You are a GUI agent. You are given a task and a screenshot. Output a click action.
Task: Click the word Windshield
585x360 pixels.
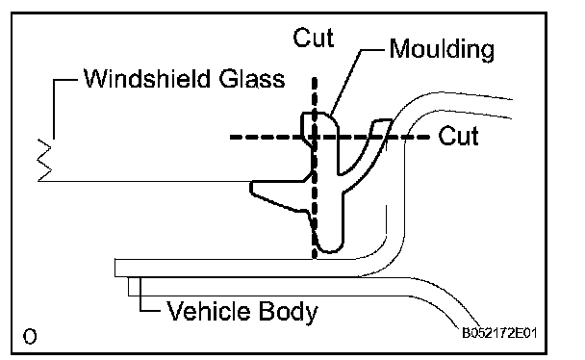pyautogui.click(x=147, y=79)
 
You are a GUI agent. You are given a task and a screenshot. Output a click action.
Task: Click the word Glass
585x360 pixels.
pyautogui.click(x=252, y=79)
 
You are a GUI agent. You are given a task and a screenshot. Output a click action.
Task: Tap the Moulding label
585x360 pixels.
pyautogui.click(x=442, y=50)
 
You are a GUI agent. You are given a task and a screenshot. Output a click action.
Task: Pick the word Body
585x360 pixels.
pyautogui.click(x=288, y=312)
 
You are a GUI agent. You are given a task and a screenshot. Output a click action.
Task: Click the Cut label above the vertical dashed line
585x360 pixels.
pyautogui.click(x=313, y=38)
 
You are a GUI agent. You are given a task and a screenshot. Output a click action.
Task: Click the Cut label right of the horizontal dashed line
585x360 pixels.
pyautogui.click(x=459, y=136)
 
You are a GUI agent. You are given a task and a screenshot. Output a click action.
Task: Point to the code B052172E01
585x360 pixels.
pyautogui.click(x=499, y=333)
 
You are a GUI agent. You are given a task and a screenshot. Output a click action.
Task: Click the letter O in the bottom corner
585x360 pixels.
pyautogui.click(x=30, y=337)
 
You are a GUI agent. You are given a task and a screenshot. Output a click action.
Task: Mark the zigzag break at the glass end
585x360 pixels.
pyautogui.click(x=44, y=160)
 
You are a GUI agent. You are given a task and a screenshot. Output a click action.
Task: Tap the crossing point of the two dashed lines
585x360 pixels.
pyautogui.click(x=315, y=138)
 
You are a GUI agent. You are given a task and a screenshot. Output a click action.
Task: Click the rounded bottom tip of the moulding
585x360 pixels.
pyautogui.click(x=330, y=250)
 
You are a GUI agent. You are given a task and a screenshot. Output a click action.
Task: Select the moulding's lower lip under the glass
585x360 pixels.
pyautogui.click(x=280, y=196)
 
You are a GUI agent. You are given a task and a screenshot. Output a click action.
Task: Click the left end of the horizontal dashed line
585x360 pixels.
pyautogui.click(x=231, y=138)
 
